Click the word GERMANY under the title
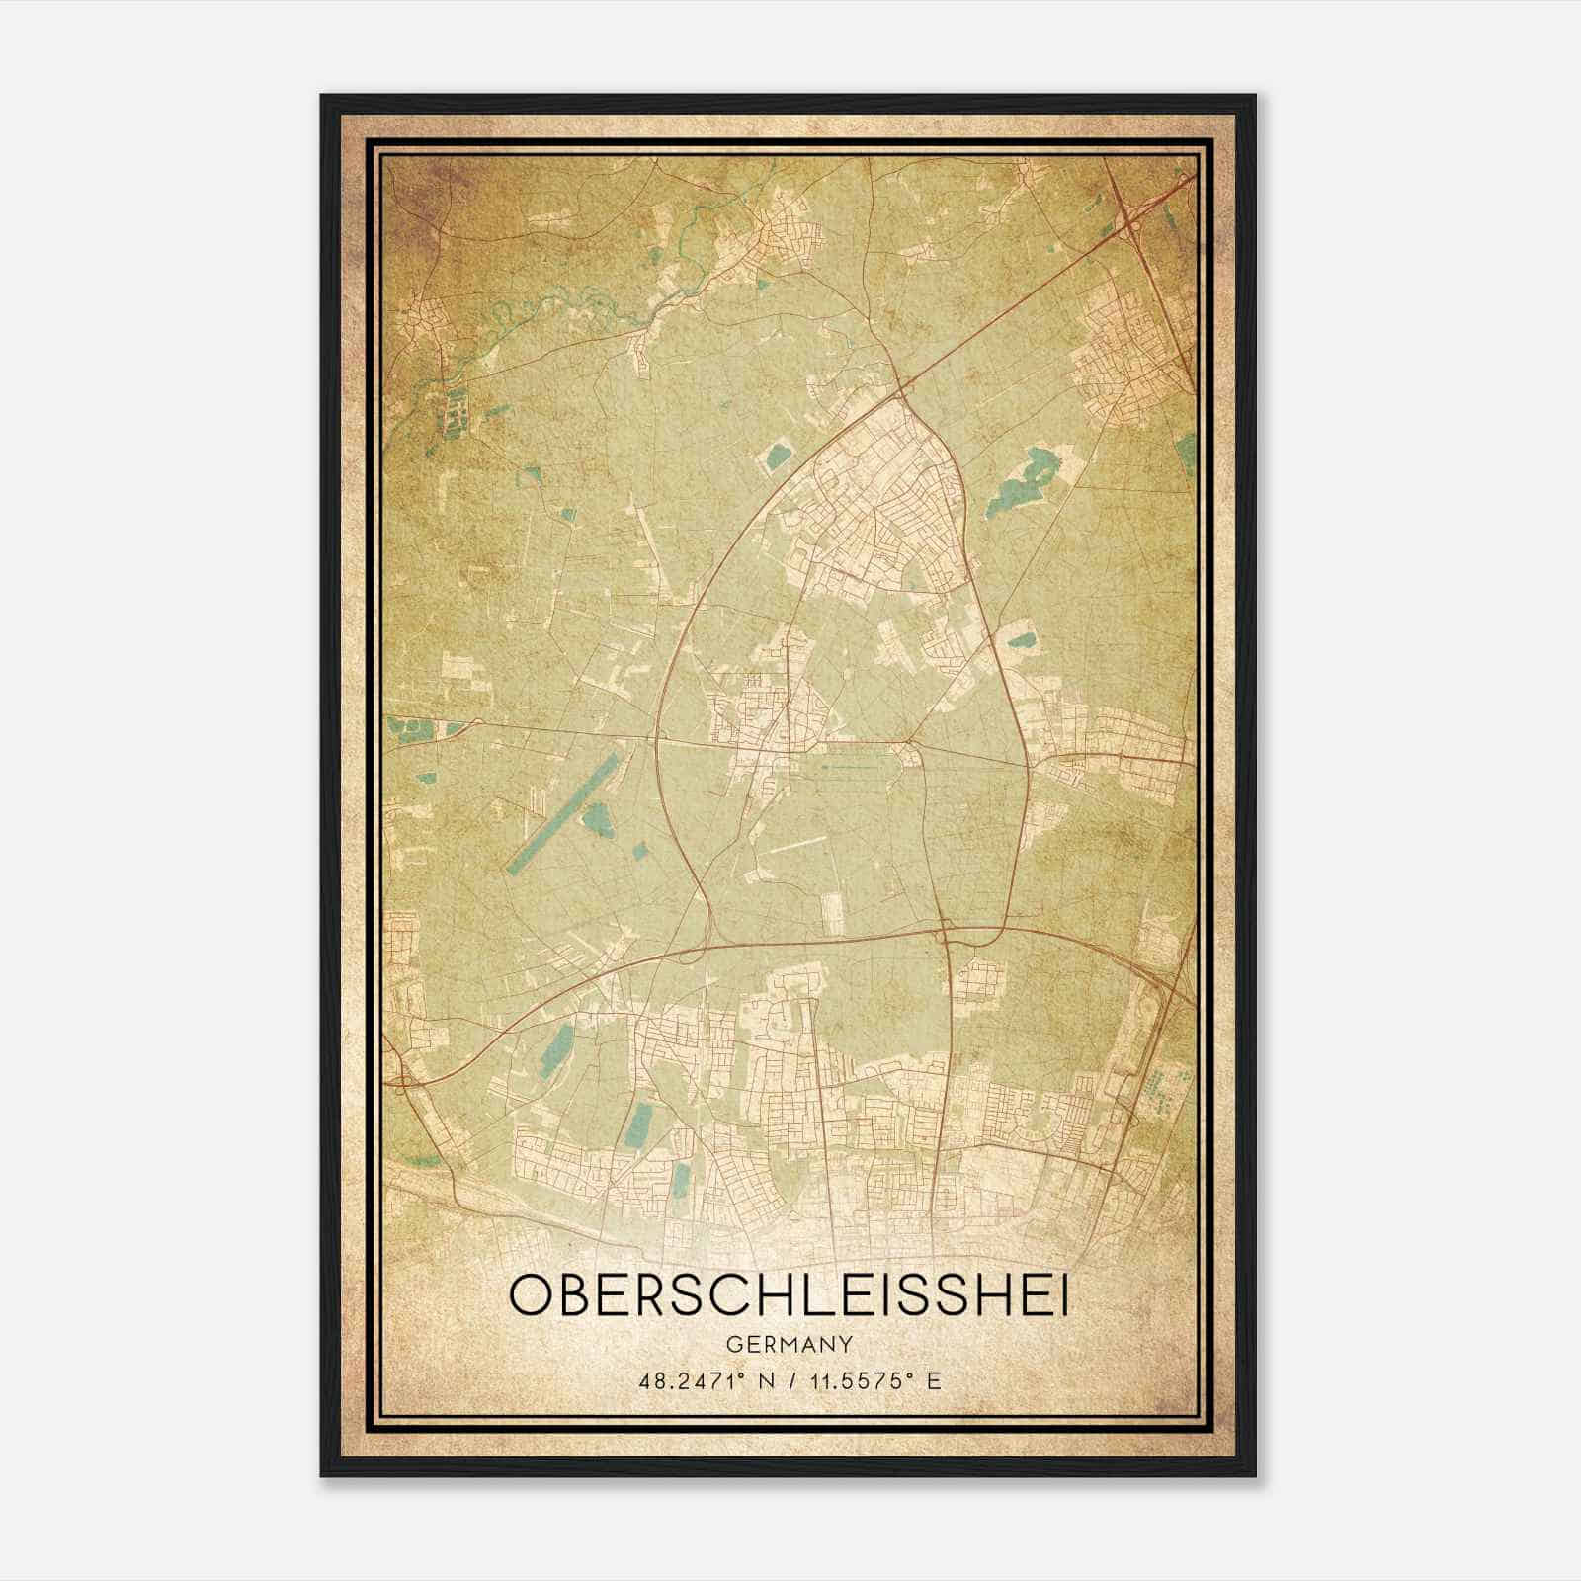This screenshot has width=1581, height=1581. pyautogui.click(x=789, y=1344)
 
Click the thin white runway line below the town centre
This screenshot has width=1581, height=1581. pyautogui.click(x=795, y=842)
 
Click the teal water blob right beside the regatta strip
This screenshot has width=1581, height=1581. pyautogui.click(x=600, y=816)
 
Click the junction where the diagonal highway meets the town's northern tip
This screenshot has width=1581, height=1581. pyautogui.click(x=902, y=385)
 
